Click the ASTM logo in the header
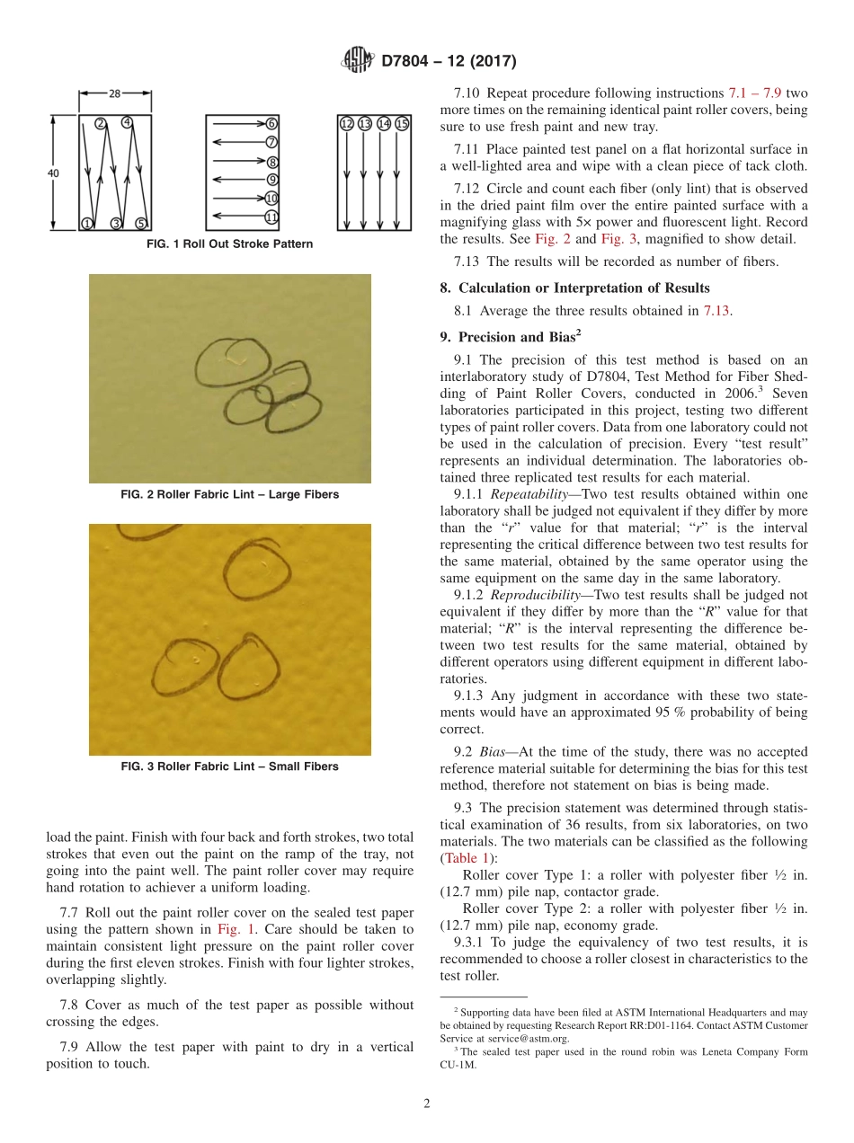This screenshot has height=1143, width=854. [358, 60]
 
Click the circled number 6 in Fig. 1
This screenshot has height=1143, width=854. [271, 124]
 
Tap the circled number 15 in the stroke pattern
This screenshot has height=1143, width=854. [402, 124]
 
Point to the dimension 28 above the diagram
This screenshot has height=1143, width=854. [115, 93]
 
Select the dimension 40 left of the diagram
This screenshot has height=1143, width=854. [54, 173]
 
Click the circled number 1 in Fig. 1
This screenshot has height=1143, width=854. [88, 223]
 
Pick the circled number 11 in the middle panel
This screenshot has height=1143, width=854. [271, 217]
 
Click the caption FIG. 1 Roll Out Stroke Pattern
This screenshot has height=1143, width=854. [229, 244]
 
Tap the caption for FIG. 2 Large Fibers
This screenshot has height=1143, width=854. [229, 494]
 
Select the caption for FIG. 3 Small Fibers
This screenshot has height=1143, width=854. [229, 766]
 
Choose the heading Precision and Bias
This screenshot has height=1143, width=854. [507, 338]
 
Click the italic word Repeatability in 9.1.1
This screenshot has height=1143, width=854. [511, 494]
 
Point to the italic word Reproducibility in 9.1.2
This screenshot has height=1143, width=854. [516, 595]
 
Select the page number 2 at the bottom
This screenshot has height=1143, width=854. [427, 1104]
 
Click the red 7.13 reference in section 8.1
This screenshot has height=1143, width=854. [716, 311]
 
